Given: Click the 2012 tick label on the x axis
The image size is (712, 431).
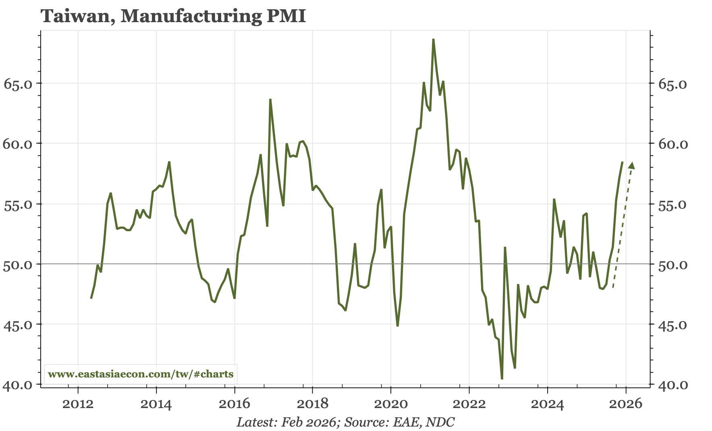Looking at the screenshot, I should pos(78,404).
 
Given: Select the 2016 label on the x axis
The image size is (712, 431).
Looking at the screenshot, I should pos(235,404).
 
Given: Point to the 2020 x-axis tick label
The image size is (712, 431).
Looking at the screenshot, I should pos(391,404).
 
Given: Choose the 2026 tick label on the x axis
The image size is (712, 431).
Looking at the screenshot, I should pos(626,404).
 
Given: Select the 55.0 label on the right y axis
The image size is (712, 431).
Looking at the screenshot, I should pos(673,205).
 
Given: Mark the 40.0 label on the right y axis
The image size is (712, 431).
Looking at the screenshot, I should pos(673,385).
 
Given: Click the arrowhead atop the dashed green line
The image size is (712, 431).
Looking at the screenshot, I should pos(632,165).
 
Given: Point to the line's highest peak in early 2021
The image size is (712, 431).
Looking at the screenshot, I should pos(433,39).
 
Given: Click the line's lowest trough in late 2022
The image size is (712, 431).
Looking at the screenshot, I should pos(502,379).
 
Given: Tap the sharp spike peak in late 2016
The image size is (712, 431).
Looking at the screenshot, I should pos(270,99).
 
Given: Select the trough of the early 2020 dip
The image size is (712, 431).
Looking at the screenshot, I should pos(398,325).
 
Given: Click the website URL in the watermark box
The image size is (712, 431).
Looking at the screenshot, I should pos(141,374).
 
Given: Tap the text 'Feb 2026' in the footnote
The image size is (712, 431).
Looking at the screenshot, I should pos(308,422).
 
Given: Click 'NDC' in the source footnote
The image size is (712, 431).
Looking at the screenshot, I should pos(440,422).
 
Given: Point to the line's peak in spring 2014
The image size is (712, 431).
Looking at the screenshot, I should pos(169,162).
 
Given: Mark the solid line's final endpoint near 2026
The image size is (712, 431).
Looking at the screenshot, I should pos(623,162).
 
